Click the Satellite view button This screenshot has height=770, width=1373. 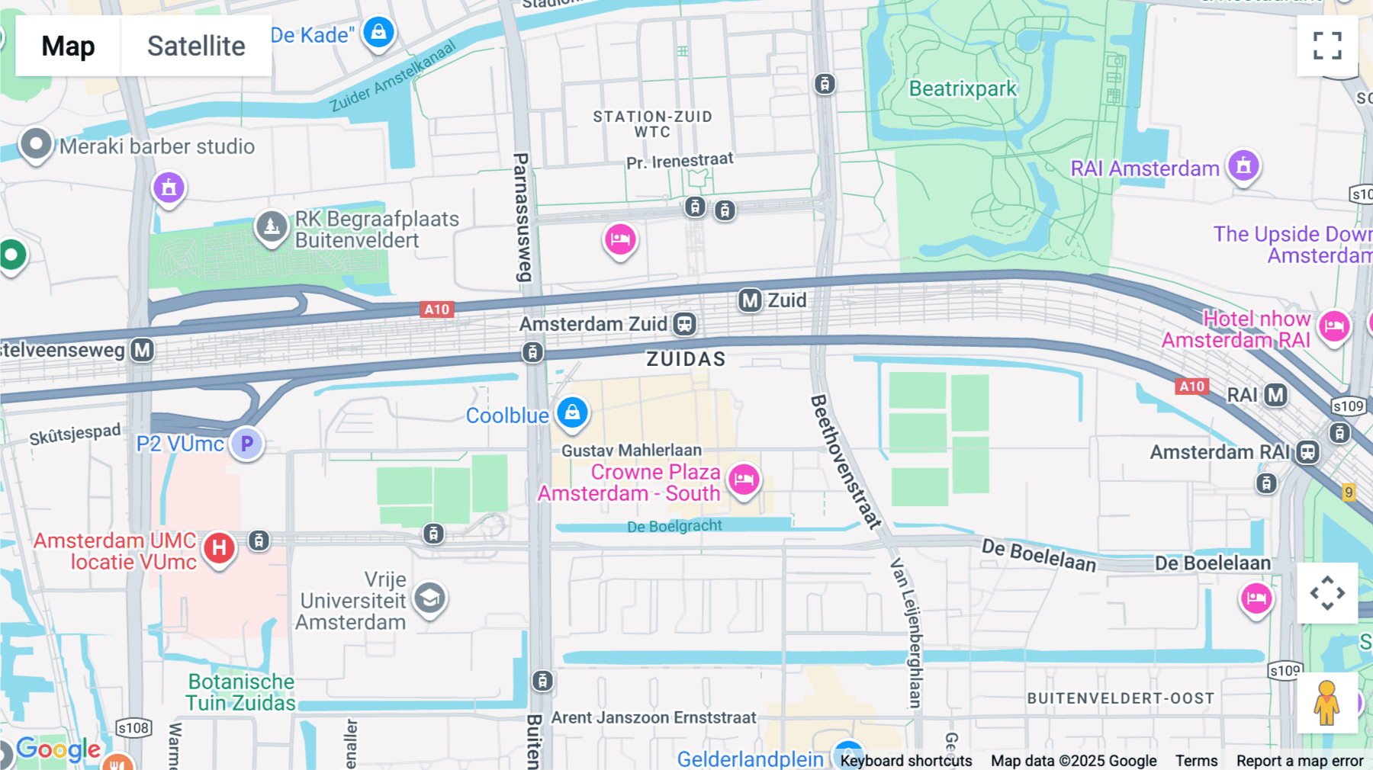(x=196, y=46)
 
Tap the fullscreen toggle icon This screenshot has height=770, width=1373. (x=1327, y=46)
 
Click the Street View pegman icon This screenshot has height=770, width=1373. (x=1326, y=703)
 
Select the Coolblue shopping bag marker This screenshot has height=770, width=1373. (x=572, y=412)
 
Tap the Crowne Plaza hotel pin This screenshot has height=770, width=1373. (x=744, y=480)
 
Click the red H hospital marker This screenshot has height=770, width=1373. (x=219, y=547)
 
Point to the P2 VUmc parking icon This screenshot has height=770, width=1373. (x=246, y=444)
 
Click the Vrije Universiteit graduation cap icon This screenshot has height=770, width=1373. (x=429, y=598)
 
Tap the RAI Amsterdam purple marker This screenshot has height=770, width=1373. (x=1243, y=165)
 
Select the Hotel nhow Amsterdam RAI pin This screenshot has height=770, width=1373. (x=1334, y=326)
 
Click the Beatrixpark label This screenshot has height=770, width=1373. (x=963, y=89)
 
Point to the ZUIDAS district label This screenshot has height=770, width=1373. (x=686, y=359)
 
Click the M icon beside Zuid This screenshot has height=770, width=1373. (x=751, y=300)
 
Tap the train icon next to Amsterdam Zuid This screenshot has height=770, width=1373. (x=684, y=324)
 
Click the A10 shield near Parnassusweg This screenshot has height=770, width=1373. (x=437, y=309)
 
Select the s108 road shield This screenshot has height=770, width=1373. (x=133, y=728)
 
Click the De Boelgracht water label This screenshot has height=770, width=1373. (x=674, y=526)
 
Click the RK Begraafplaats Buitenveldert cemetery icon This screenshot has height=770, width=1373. (x=272, y=226)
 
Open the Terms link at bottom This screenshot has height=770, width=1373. (x=1196, y=760)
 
